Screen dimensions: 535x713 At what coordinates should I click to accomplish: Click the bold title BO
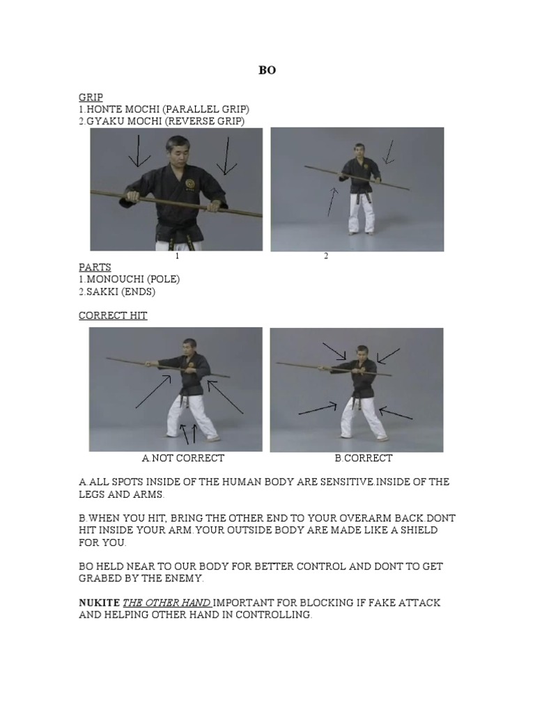coord(267,70)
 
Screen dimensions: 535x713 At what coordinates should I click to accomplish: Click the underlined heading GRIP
coord(91,97)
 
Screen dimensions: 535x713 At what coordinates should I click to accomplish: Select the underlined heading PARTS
coord(95,267)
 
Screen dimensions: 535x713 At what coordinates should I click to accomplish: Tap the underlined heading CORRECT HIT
coord(113,315)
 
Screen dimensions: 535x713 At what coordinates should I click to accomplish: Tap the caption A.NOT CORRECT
coord(183,458)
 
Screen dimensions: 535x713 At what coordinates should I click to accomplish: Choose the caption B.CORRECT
coord(364,458)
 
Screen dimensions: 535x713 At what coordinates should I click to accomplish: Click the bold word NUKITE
coord(99,602)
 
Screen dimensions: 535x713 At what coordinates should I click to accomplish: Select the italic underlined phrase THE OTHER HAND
coord(166,603)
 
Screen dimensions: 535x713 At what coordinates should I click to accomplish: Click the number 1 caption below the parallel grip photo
coord(177,256)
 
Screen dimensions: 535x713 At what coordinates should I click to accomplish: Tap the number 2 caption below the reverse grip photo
coord(326,256)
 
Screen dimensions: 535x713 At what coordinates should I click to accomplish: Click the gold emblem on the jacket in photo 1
coord(190,184)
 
